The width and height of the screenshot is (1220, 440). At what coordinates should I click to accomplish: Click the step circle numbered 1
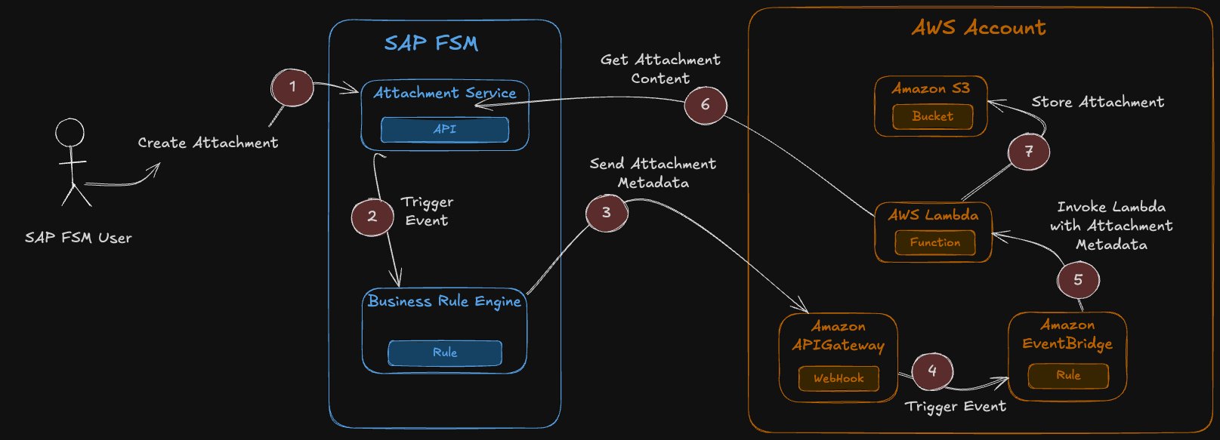292,88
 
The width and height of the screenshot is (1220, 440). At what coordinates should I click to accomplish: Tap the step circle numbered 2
372,217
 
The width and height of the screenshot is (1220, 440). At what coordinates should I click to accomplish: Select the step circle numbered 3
607,213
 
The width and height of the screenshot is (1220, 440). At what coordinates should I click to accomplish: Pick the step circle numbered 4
932,371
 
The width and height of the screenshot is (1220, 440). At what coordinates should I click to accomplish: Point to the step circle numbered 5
1078,280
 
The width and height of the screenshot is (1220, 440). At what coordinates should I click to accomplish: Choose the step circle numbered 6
706,105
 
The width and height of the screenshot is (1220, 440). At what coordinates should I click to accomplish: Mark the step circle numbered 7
1029,152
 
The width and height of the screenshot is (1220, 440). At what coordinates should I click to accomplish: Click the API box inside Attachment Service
444,130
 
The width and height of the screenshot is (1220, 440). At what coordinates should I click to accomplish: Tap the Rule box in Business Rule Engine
445,352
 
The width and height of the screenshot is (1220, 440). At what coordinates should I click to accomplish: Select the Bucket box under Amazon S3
932,116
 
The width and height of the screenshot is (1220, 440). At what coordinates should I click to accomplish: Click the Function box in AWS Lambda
935,242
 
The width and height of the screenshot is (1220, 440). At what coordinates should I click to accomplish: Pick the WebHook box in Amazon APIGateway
839,378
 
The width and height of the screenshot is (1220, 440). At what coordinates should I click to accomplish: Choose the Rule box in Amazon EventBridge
1068,375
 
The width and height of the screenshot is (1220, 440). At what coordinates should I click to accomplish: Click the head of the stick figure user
69,133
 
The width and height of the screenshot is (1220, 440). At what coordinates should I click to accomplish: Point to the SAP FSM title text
431,43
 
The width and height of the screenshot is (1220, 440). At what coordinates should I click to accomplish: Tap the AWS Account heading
978,28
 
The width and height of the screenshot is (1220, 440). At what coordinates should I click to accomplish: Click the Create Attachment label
208,143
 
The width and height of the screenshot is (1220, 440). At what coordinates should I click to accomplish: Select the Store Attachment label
1098,102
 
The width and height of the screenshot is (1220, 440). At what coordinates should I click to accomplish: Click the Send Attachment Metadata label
653,173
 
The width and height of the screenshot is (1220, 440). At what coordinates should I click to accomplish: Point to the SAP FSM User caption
78,238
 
